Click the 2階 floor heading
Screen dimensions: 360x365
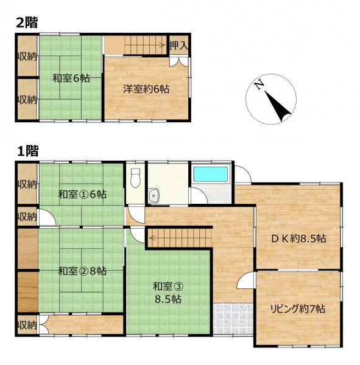point(27,23)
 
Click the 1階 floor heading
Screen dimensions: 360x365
point(28,151)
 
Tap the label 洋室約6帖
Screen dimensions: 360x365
point(146,89)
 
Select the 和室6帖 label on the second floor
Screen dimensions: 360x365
point(71,78)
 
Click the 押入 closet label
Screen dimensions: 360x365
point(178,46)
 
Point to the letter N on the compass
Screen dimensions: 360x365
point(259,85)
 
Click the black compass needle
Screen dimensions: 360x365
point(278,106)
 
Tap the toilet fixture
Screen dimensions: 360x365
point(135,178)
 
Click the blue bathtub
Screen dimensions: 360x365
point(211,175)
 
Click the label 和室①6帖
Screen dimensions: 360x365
point(82,195)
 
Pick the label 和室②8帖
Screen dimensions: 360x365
point(82,271)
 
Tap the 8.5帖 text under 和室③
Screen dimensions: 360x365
point(168,299)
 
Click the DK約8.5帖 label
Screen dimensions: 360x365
point(298,238)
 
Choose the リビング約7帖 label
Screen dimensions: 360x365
point(297,309)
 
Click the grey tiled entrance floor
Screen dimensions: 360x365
point(233,319)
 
